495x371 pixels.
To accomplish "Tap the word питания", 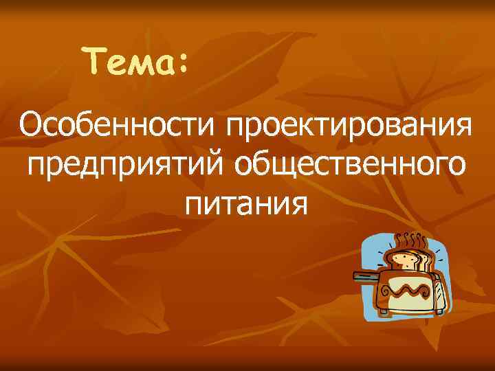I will (244, 204).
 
